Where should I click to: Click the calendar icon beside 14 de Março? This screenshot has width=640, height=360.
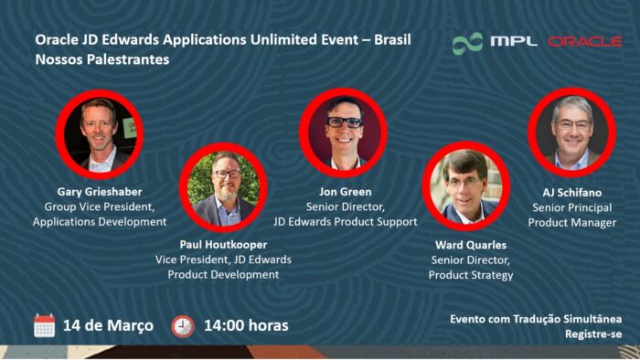pos(44,325)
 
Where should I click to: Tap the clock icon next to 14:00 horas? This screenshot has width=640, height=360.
pos(183,325)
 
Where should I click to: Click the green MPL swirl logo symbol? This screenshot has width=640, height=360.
pos(467,42)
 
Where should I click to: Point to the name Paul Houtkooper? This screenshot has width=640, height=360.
pos(223,245)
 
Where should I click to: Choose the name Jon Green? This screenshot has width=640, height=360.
pos(345,193)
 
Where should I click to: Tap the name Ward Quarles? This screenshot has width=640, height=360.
pos(470,245)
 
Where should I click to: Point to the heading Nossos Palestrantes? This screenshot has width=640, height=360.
pos(101,59)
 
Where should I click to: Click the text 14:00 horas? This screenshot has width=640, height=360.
pos(246,325)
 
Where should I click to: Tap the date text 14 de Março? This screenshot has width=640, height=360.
pos(108,325)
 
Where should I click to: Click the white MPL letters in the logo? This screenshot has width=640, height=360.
pos(513,41)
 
